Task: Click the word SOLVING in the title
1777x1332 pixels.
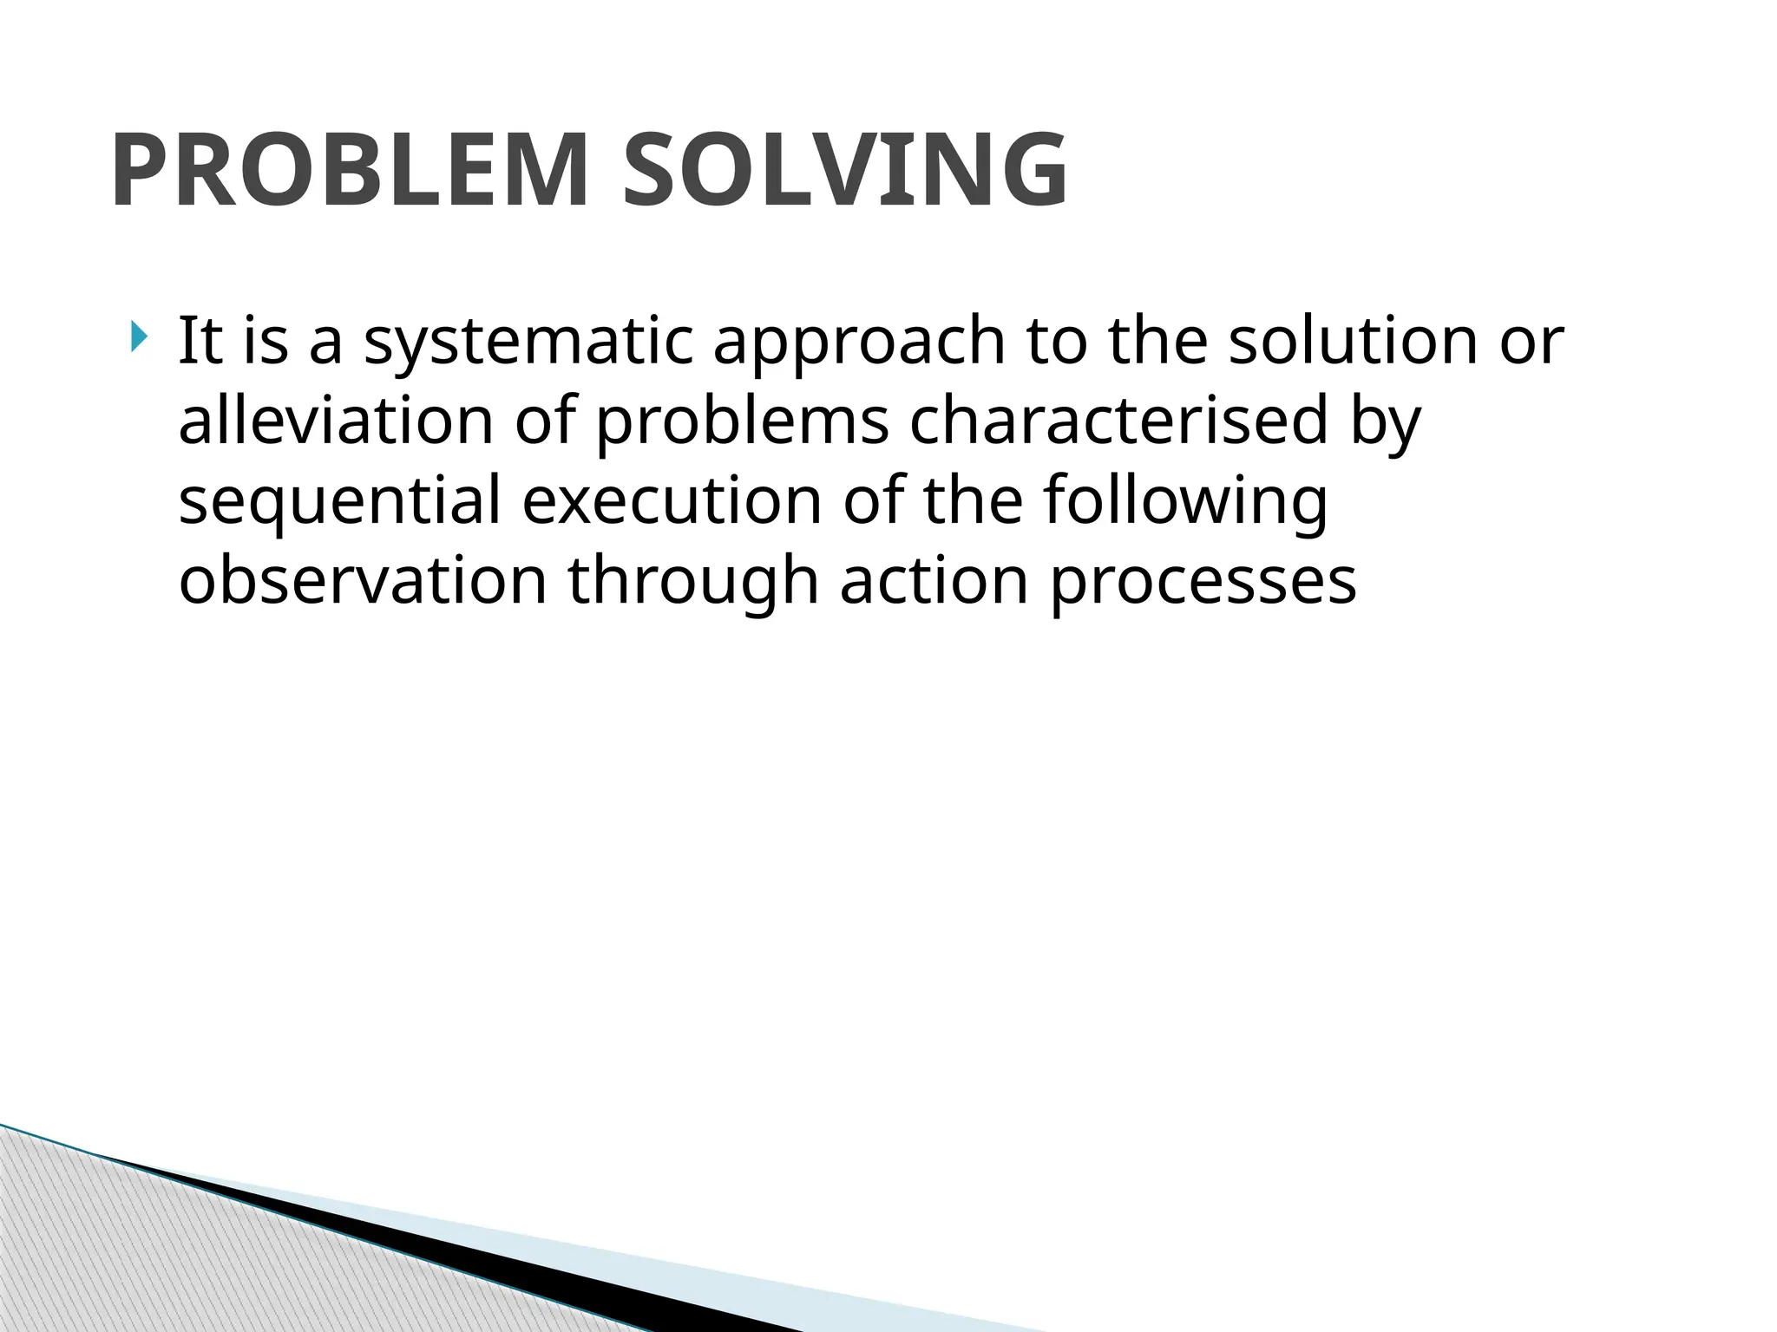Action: click(x=845, y=171)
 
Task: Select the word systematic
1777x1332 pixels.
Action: click(x=528, y=343)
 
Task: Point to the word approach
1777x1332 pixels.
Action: click(x=858, y=343)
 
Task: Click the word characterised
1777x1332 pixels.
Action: click(x=1118, y=420)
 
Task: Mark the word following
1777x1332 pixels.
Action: click(x=1184, y=502)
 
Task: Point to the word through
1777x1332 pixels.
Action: click(x=693, y=582)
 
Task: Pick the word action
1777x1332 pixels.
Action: click(x=934, y=580)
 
